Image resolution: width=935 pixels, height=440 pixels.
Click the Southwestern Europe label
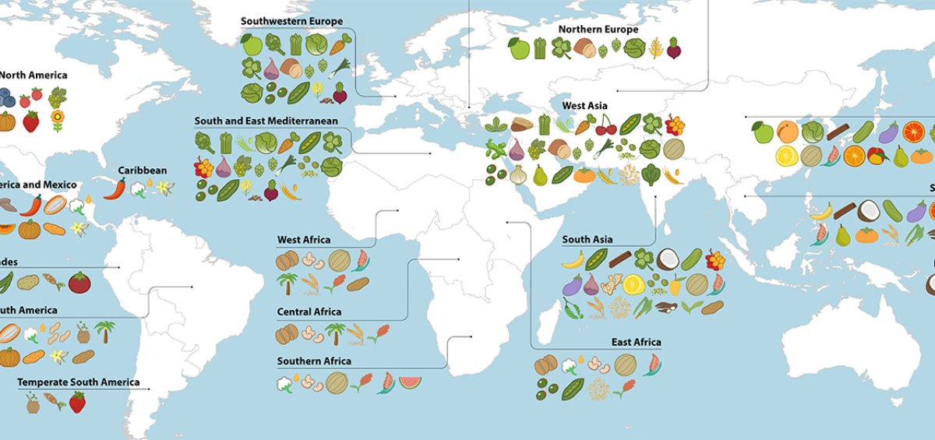pos(291,21)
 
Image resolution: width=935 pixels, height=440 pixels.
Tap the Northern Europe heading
pos(598,30)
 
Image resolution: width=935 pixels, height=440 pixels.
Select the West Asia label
pos(584,105)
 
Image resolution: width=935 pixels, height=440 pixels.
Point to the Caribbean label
pos(142,171)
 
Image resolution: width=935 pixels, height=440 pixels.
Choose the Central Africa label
pos(309,312)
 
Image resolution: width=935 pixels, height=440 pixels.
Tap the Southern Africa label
pos(314,361)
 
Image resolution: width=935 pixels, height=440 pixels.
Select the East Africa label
pos(636,342)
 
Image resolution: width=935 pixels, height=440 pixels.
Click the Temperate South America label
pos(79,382)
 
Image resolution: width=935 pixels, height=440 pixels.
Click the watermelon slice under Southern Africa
pos(410,382)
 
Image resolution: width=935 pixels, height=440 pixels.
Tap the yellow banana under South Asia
pos(573,259)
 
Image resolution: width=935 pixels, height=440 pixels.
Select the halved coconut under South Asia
pos(667,259)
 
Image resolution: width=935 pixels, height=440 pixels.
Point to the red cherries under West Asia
pos(605,125)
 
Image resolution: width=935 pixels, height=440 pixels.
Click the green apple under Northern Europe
pos(518,49)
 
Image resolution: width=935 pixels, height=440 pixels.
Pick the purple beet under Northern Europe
pos(674,49)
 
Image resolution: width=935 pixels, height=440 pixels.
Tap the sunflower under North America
pos(57,121)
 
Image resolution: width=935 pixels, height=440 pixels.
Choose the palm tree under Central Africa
pos(335,333)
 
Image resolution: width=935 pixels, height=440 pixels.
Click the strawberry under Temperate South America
pos(77,403)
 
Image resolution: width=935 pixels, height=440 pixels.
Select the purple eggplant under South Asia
pos(573,285)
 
